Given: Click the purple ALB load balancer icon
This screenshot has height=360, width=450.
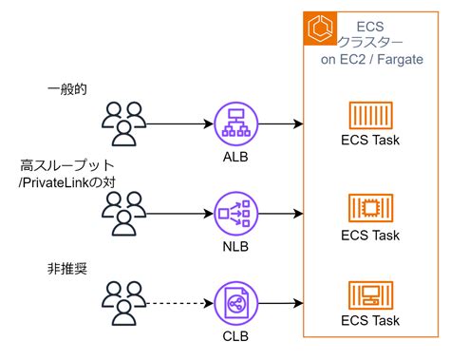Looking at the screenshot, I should (x=234, y=123).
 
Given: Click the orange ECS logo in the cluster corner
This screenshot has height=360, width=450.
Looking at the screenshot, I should (x=320, y=29).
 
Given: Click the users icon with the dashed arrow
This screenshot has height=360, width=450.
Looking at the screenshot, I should (x=124, y=301).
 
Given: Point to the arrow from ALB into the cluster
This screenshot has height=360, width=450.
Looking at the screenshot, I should (x=280, y=123).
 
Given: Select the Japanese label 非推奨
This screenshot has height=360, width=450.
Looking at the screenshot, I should (x=67, y=268).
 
